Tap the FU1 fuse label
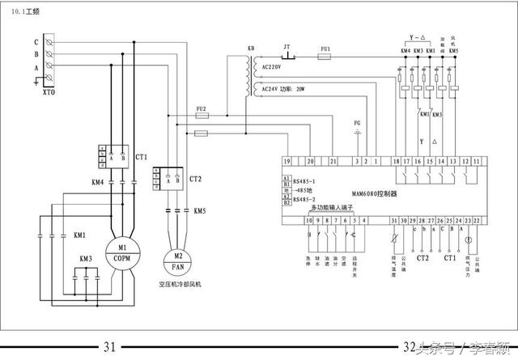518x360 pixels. [325, 49]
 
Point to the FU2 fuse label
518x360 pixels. [202, 108]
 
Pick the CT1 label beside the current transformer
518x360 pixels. [142, 156]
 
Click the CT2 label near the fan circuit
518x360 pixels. [195, 178]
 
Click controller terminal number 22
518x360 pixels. [477, 220]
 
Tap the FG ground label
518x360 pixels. [357, 122]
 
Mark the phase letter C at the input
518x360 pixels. [36, 41]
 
